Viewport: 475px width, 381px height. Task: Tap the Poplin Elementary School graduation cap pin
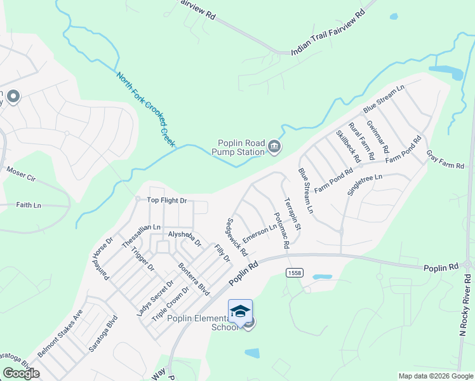click(240, 311)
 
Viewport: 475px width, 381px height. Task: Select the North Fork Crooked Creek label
click(145, 109)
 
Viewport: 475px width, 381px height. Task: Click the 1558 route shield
click(293, 272)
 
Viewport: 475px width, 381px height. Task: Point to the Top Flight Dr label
click(167, 201)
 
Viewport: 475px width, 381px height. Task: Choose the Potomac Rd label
click(281, 229)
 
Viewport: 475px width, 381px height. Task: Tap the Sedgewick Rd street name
click(237, 237)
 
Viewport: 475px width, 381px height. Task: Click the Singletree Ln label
click(365, 185)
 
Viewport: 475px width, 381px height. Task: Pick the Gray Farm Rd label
click(445, 159)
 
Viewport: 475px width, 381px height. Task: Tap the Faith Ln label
click(29, 205)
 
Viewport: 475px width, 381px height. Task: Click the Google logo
click(21, 373)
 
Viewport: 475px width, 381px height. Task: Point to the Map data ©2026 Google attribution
click(435, 376)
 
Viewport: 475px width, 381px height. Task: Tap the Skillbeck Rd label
click(348, 146)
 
